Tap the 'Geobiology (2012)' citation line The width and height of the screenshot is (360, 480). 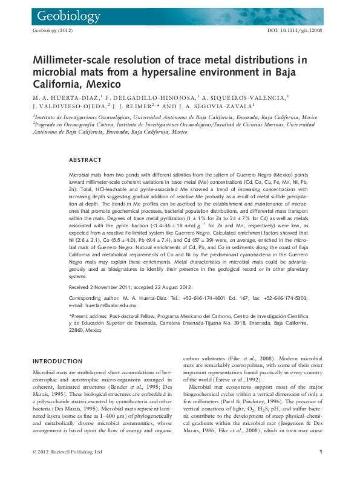pos(51,30)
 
